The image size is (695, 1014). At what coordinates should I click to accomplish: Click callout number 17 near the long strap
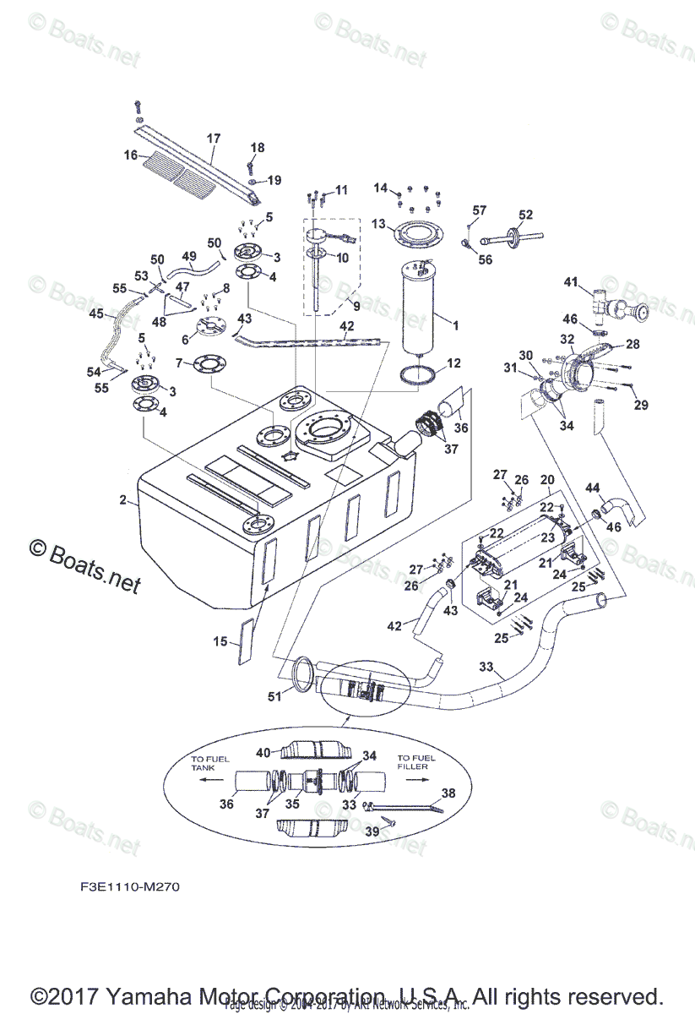tap(213, 139)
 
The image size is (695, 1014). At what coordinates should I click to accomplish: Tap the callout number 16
tap(130, 155)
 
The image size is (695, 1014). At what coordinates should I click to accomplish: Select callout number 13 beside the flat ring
tap(378, 224)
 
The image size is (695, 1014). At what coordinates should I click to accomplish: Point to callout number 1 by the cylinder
tap(455, 325)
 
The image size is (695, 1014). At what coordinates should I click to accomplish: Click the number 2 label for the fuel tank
tap(122, 500)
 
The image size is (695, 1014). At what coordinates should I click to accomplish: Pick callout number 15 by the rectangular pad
tap(220, 641)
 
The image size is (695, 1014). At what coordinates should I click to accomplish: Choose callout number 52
tap(526, 215)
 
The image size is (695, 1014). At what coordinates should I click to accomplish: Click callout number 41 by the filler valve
tap(572, 282)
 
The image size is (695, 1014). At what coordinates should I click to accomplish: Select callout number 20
tap(546, 478)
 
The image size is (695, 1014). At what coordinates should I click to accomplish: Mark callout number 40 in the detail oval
tap(263, 752)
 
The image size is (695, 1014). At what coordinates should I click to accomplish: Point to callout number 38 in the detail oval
tap(448, 793)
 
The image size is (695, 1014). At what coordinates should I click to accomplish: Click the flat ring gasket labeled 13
tap(415, 232)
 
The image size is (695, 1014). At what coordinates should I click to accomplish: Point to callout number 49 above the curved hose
tap(188, 256)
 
